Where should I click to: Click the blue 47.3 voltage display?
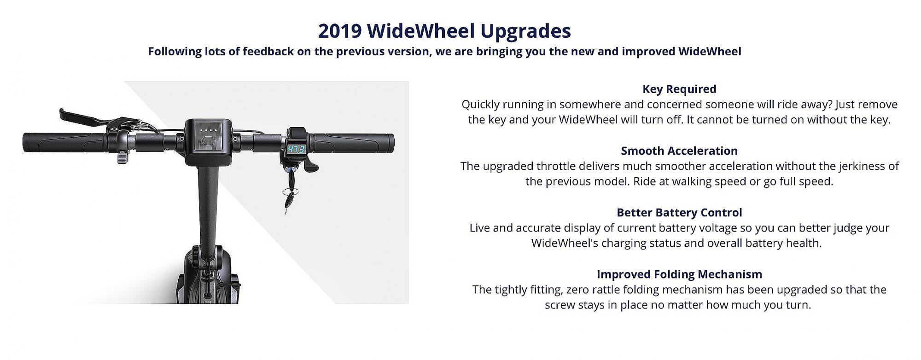tap(296, 150)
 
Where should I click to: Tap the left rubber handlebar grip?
tap(69, 143)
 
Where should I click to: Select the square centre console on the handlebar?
tap(208, 142)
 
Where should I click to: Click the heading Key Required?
tap(679, 89)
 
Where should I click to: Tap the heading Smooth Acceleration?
tap(679, 151)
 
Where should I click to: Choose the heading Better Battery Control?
tap(679, 212)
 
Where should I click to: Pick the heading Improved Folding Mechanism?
tap(679, 274)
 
